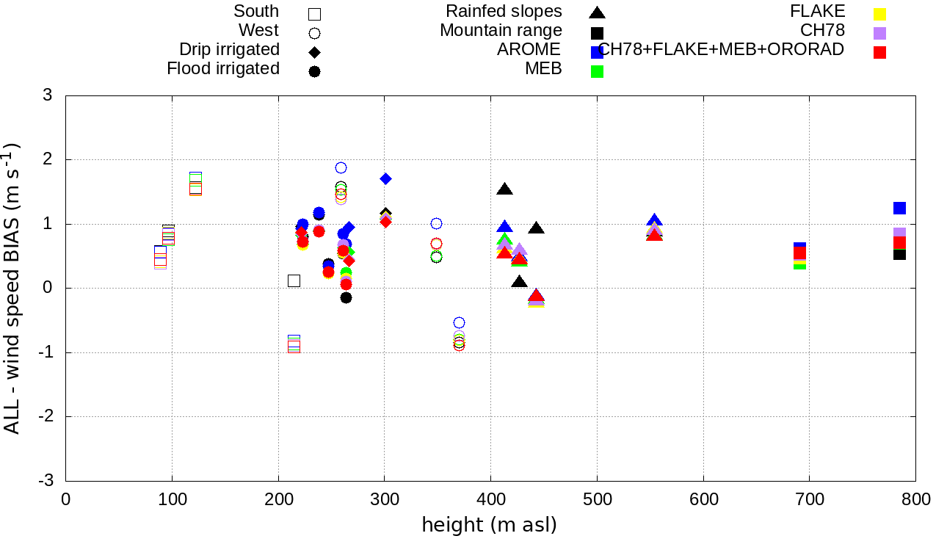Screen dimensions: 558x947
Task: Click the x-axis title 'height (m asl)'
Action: click(489, 526)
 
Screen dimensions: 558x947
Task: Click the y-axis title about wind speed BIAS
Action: click(12, 288)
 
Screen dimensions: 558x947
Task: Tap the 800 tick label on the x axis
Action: click(915, 500)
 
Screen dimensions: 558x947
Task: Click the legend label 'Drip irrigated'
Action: click(230, 49)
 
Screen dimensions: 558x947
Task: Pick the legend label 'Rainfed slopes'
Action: click(504, 11)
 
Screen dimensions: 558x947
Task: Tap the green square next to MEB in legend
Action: click(598, 71)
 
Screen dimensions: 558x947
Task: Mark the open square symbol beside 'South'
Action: click(315, 13)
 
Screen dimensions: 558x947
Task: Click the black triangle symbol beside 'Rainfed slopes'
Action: click(598, 12)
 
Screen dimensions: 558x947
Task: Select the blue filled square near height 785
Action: click(899, 208)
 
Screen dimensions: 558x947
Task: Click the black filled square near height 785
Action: click(899, 254)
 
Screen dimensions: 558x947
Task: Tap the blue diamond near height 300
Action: click(385, 178)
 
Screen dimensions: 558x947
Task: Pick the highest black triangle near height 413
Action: click(504, 189)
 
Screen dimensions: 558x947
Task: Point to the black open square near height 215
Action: click(294, 280)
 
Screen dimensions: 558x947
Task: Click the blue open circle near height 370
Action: click(459, 322)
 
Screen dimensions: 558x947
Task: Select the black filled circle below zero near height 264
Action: click(346, 297)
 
